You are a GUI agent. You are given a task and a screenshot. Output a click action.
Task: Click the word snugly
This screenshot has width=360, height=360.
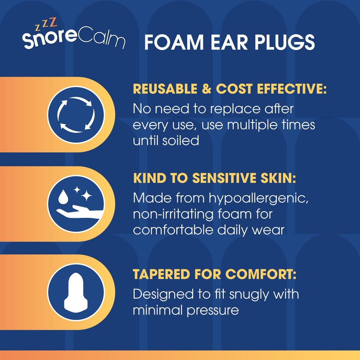pyautogui.click(x=243, y=295)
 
